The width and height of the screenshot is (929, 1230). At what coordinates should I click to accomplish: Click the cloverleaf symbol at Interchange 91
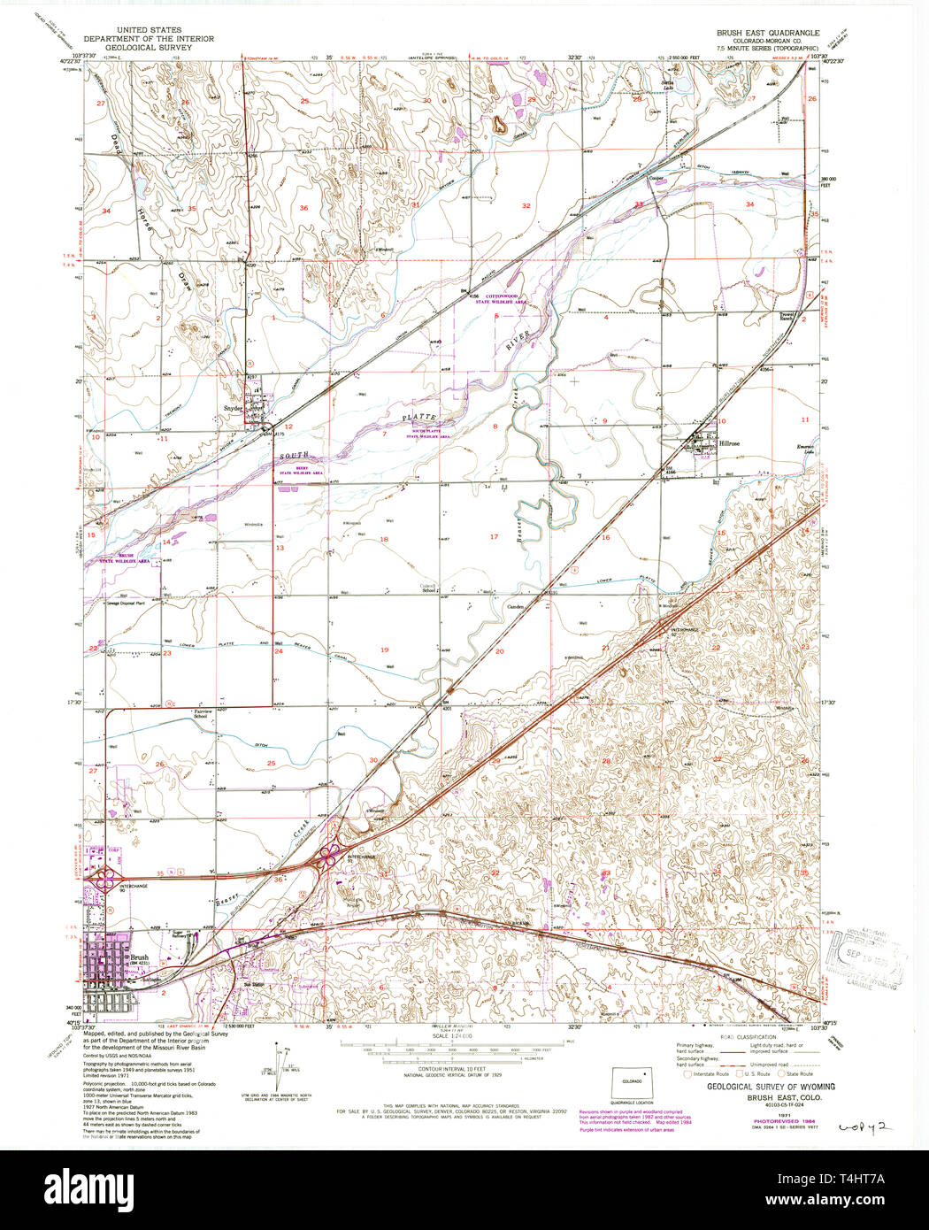(x=332, y=854)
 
